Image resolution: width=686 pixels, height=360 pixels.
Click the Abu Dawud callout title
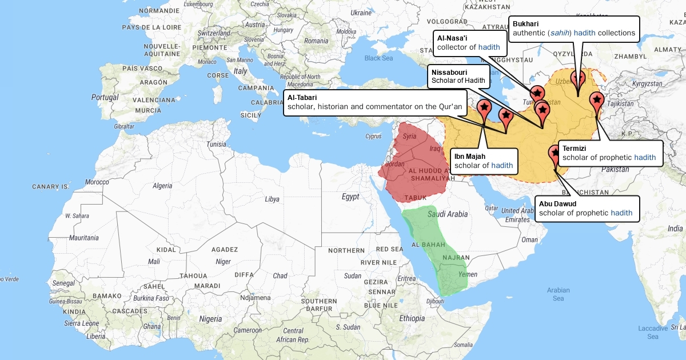(557, 203)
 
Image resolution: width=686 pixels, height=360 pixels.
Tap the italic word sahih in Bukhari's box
(559, 33)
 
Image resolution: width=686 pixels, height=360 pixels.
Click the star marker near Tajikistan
(597, 100)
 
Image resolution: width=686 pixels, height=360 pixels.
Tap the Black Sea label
(378, 58)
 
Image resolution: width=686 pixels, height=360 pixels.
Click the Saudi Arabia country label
(448, 214)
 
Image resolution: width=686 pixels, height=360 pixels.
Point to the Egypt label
(350, 197)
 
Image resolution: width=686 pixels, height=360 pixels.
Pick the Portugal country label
(105, 97)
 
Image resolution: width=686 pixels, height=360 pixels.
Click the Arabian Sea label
(558, 294)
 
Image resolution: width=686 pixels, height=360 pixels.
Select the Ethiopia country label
(412, 318)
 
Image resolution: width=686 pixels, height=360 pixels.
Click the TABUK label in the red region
(416, 198)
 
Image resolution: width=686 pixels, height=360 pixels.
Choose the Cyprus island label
(373, 136)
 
